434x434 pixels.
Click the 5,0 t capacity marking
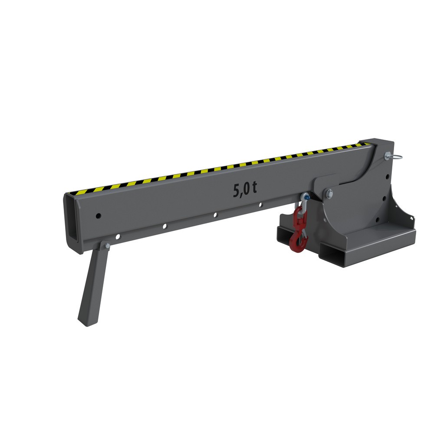click(x=245, y=190)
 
